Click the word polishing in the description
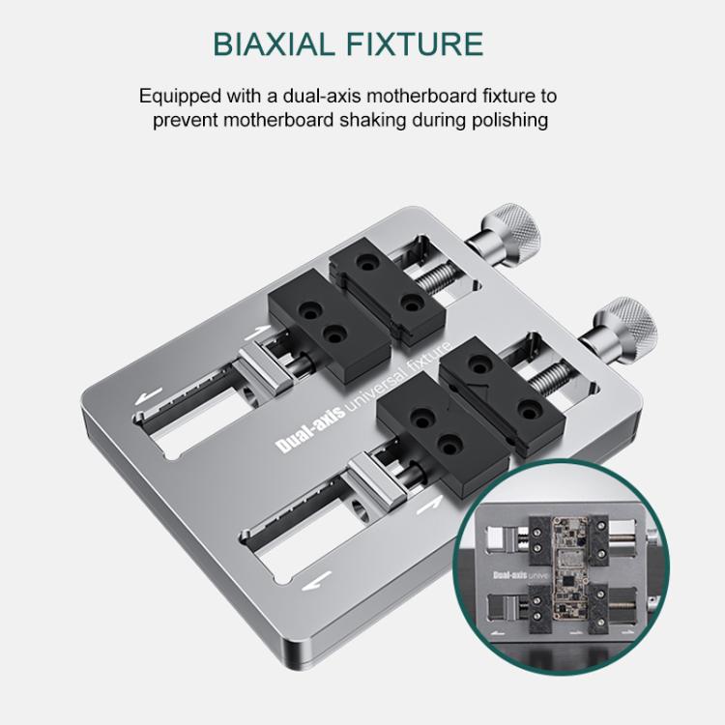(509, 120)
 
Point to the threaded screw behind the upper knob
(441, 273)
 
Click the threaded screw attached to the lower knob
(551, 373)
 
